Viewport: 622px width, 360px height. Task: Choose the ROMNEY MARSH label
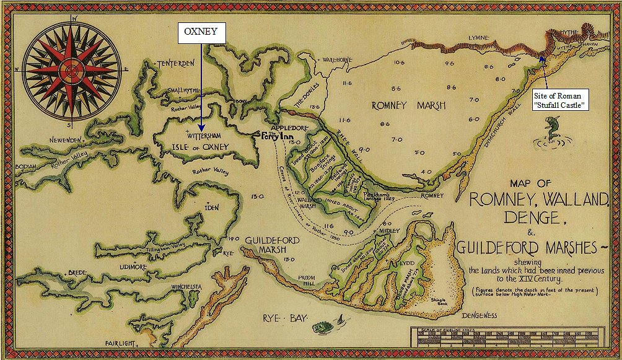click(408, 105)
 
